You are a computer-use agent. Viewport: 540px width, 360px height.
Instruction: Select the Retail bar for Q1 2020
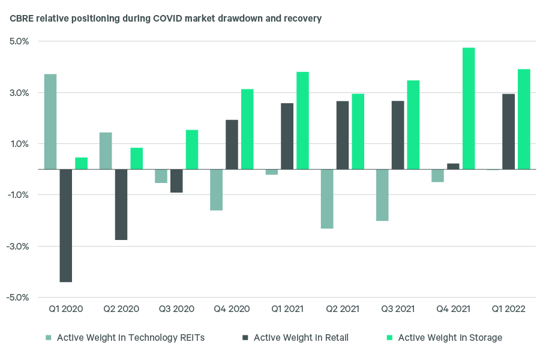click(x=66, y=226)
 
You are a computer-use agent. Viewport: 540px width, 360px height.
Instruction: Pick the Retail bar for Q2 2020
click(x=121, y=205)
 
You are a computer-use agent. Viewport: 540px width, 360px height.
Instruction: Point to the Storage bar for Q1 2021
click(x=302, y=121)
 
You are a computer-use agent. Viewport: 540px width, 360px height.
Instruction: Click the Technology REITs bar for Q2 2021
click(x=327, y=199)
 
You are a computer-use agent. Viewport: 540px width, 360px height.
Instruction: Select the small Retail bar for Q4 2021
click(x=453, y=166)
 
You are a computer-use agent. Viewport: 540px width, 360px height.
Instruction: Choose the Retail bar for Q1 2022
click(x=508, y=131)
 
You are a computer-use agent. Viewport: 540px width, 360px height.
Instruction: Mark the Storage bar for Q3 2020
click(x=192, y=149)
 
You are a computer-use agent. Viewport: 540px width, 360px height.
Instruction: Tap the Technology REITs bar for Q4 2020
click(x=216, y=190)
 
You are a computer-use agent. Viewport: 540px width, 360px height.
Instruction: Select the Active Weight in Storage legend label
click(x=450, y=338)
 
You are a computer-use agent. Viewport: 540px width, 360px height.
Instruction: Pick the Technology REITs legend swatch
click(x=49, y=338)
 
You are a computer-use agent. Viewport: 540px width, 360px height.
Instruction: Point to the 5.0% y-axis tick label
click(x=19, y=42)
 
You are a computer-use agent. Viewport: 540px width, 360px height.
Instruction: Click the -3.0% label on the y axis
click(x=18, y=246)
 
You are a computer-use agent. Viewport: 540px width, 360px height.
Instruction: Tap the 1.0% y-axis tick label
click(x=19, y=144)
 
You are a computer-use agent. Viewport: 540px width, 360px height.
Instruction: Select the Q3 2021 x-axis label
click(x=398, y=309)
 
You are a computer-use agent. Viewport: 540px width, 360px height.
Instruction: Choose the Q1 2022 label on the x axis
click(x=508, y=309)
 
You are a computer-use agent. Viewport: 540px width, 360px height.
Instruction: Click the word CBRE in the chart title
click(x=22, y=19)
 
